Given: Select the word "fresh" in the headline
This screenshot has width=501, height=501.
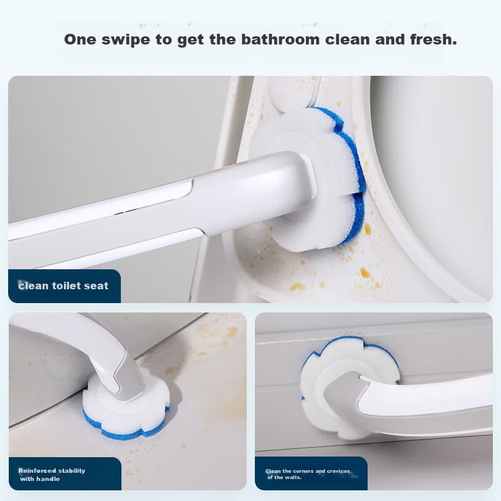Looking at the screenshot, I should [x=433, y=39].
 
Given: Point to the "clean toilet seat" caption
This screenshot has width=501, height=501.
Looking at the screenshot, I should [x=63, y=286].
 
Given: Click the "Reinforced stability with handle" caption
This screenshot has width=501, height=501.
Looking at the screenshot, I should [x=51, y=475].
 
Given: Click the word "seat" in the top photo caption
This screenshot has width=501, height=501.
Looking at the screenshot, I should [x=96, y=286].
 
